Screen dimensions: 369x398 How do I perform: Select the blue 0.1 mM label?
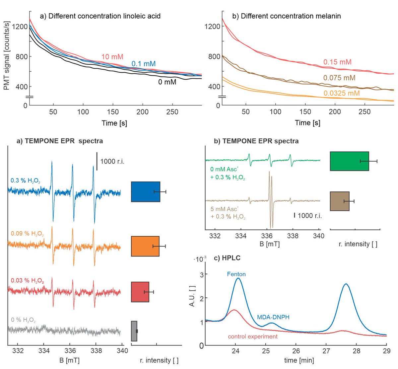[x=143, y=64]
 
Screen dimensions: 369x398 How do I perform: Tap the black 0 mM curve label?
[x=167, y=82]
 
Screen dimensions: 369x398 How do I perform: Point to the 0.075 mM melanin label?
[x=339, y=78]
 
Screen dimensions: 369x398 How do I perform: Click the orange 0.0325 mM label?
[x=342, y=93]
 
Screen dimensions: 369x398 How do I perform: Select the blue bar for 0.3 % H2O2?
[x=146, y=191]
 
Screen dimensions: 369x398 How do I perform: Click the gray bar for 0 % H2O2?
[x=134, y=331]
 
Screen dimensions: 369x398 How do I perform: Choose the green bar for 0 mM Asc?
[x=349, y=161]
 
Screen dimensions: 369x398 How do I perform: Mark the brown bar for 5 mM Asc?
[x=340, y=201]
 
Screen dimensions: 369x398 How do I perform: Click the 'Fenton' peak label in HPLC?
[x=236, y=274]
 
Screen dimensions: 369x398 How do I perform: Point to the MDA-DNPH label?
[x=273, y=317]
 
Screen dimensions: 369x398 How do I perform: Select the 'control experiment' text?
[x=253, y=336]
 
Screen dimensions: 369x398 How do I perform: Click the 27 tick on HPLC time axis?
[x=326, y=351]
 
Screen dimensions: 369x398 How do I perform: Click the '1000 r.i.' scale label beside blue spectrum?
[x=112, y=162]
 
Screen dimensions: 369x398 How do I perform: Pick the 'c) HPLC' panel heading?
[x=228, y=258]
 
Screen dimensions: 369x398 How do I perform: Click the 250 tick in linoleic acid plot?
[x=172, y=112]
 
